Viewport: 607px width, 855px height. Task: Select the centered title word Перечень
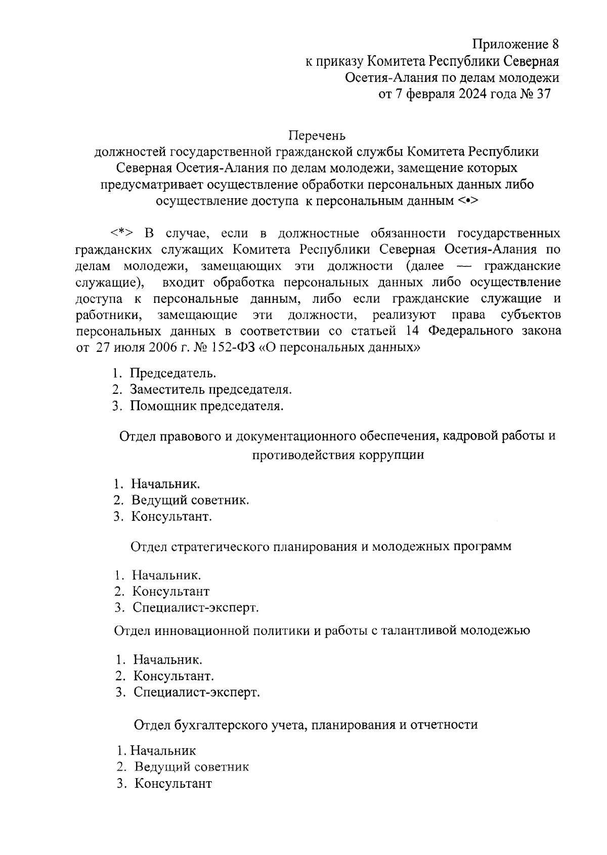pyautogui.click(x=317, y=136)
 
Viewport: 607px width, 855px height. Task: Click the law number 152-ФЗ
pyautogui.click(x=230, y=348)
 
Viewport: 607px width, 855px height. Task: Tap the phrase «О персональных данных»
pyautogui.click(x=340, y=348)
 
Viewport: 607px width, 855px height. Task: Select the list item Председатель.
pyautogui.click(x=174, y=374)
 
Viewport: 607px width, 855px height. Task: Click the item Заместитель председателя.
pyautogui.click(x=211, y=390)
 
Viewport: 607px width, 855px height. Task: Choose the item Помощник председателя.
pyautogui.click(x=207, y=406)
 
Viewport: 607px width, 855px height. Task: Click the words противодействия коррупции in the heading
pyautogui.click(x=338, y=455)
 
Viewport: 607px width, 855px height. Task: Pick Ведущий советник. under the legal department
pyautogui.click(x=190, y=501)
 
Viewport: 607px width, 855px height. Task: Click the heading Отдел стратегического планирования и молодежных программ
pyautogui.click(x=321, y=547)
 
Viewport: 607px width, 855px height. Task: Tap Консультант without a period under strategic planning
pyautogui.click(x=171, y=591)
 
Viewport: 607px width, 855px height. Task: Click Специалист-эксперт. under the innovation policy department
pyautogui.click(x=197, y=692)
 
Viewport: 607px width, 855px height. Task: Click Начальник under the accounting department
pyautogui.click(x=163, y=751)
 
